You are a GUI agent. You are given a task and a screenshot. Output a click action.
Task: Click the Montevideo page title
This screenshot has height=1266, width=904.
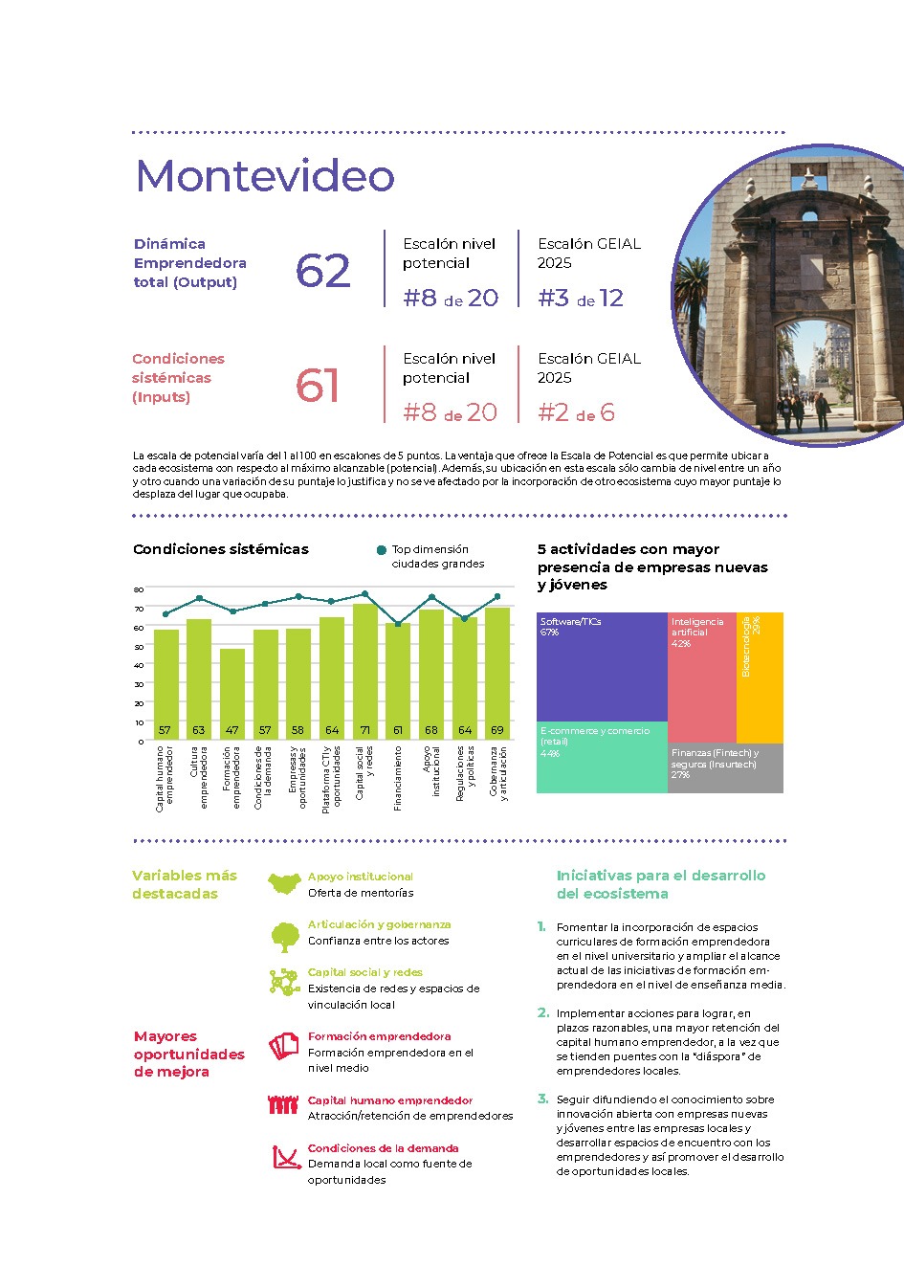tap(265, 176)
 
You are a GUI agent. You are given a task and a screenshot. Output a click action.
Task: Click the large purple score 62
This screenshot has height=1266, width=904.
tap(322, 271)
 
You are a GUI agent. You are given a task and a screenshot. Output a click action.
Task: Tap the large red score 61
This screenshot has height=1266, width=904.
tap(317, 386)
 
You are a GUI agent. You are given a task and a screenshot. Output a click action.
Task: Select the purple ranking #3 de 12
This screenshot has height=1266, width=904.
tap(581, 298)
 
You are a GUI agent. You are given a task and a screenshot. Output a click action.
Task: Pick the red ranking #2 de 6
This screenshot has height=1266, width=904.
tap(576, 412)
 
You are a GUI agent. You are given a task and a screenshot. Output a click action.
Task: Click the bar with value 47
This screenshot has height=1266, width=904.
tap(232, 694)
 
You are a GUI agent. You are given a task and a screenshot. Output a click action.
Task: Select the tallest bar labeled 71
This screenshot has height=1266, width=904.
tap(364, 670)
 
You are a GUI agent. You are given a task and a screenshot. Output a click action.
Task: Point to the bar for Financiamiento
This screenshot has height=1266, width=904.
tap(398, 680)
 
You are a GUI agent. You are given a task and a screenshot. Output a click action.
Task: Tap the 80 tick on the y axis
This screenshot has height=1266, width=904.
tap(139, 589)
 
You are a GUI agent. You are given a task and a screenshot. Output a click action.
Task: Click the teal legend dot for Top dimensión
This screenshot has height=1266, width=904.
tap(382, 550)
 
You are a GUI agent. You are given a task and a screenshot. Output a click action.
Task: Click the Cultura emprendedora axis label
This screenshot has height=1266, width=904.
tap(198, 777)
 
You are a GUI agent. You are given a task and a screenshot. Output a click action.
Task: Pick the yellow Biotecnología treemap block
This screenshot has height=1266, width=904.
tap(760, 677)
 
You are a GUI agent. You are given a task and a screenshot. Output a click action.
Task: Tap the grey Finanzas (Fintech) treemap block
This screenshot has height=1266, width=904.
tap(725, 767)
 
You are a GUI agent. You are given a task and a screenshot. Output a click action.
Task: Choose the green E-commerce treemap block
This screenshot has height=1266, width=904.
tap(602, 757)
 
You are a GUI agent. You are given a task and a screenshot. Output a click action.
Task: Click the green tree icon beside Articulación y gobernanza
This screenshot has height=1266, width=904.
tap(284, 937)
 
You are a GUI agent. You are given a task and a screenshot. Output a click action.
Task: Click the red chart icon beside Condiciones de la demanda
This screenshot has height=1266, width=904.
tap(285, 1158)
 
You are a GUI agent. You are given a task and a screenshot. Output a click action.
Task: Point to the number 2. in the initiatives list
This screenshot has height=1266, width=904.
tap(543, 1012)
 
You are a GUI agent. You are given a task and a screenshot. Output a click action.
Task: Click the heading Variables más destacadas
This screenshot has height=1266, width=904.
tap(184, 884)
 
